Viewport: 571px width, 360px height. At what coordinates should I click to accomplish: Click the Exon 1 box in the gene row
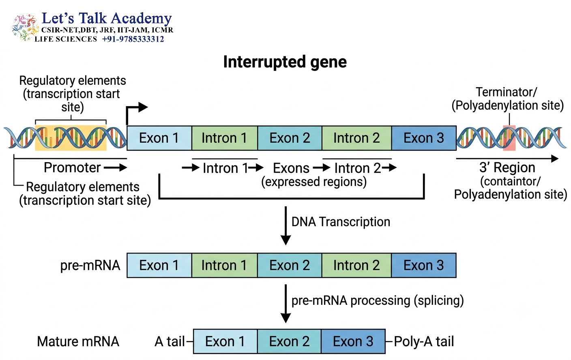pyautogui.click(x=159, y=138)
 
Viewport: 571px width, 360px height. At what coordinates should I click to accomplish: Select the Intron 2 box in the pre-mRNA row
pyautogui.click(x=356, y=265)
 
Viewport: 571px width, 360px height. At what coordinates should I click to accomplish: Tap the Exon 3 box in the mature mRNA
pyautogui.click(x=353, y=341)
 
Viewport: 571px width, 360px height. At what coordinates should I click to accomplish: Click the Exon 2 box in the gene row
pyautogui.click(x=290, y=138)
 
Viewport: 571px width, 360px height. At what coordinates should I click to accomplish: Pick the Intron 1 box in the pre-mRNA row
pyautogui.click(x=224, y=265)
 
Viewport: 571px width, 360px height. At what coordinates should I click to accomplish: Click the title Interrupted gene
pyautogui.click(x=285, y=62)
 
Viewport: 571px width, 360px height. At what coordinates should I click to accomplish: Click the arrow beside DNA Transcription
pyautogui.click(x=286, y=225)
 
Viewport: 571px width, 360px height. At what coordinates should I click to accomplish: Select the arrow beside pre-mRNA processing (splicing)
pyautogui.click(x=286, y=303)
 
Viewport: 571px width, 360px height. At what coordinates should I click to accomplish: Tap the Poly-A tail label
pyautogui.click(x=424, y=341)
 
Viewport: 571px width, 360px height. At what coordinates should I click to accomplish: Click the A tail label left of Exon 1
pyautogui.click(x=170, y=341)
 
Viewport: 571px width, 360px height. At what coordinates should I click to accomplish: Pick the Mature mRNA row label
pyautogui.click(x=78, y=341)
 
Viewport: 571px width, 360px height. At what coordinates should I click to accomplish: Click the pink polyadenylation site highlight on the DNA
pyautogui.click(x=509, y=138)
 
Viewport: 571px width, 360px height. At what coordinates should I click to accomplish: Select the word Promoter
pyautogui.click(x=72, y=167)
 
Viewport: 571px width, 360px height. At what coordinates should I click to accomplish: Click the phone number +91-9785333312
pyautogui.click(x=133, y=39)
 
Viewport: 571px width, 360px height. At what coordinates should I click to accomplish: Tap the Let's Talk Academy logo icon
pyautogui.click(x=25, y=27)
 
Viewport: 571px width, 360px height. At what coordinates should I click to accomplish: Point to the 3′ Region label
pyautogui.click(x=507, y=167)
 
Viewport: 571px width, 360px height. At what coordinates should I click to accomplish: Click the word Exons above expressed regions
pyautogui.click(x=291, y=168)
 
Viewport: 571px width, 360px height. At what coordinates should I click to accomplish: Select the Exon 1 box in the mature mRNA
pyautogui.click(x=225, y=341)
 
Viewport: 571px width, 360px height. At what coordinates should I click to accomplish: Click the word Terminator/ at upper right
pyautogui.click(x=507, y=92)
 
